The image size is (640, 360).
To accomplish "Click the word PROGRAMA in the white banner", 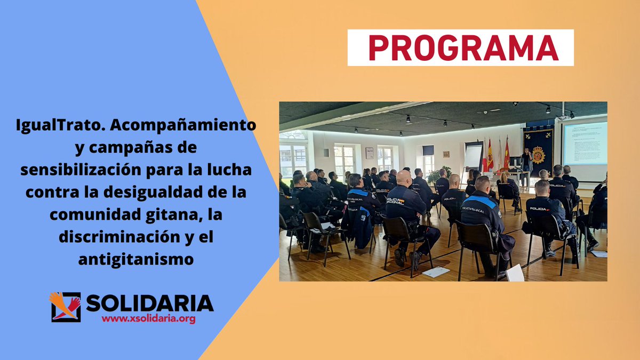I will click(460, 47).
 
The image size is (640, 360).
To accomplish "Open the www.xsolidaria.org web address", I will click(148, 319).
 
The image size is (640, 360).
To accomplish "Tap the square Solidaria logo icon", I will click(66, 307).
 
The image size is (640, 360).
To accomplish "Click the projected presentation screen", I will click(585, 142).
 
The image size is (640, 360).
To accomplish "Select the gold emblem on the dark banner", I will click(538, 154).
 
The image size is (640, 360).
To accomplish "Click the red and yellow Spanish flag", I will click(490, 156).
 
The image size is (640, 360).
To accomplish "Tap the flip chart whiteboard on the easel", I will click(474, 155).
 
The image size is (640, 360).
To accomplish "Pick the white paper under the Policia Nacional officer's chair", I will click(436, 271).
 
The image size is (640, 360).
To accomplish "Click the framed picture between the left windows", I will click(369, 153).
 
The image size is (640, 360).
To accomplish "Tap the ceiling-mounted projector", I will click(563, 115).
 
